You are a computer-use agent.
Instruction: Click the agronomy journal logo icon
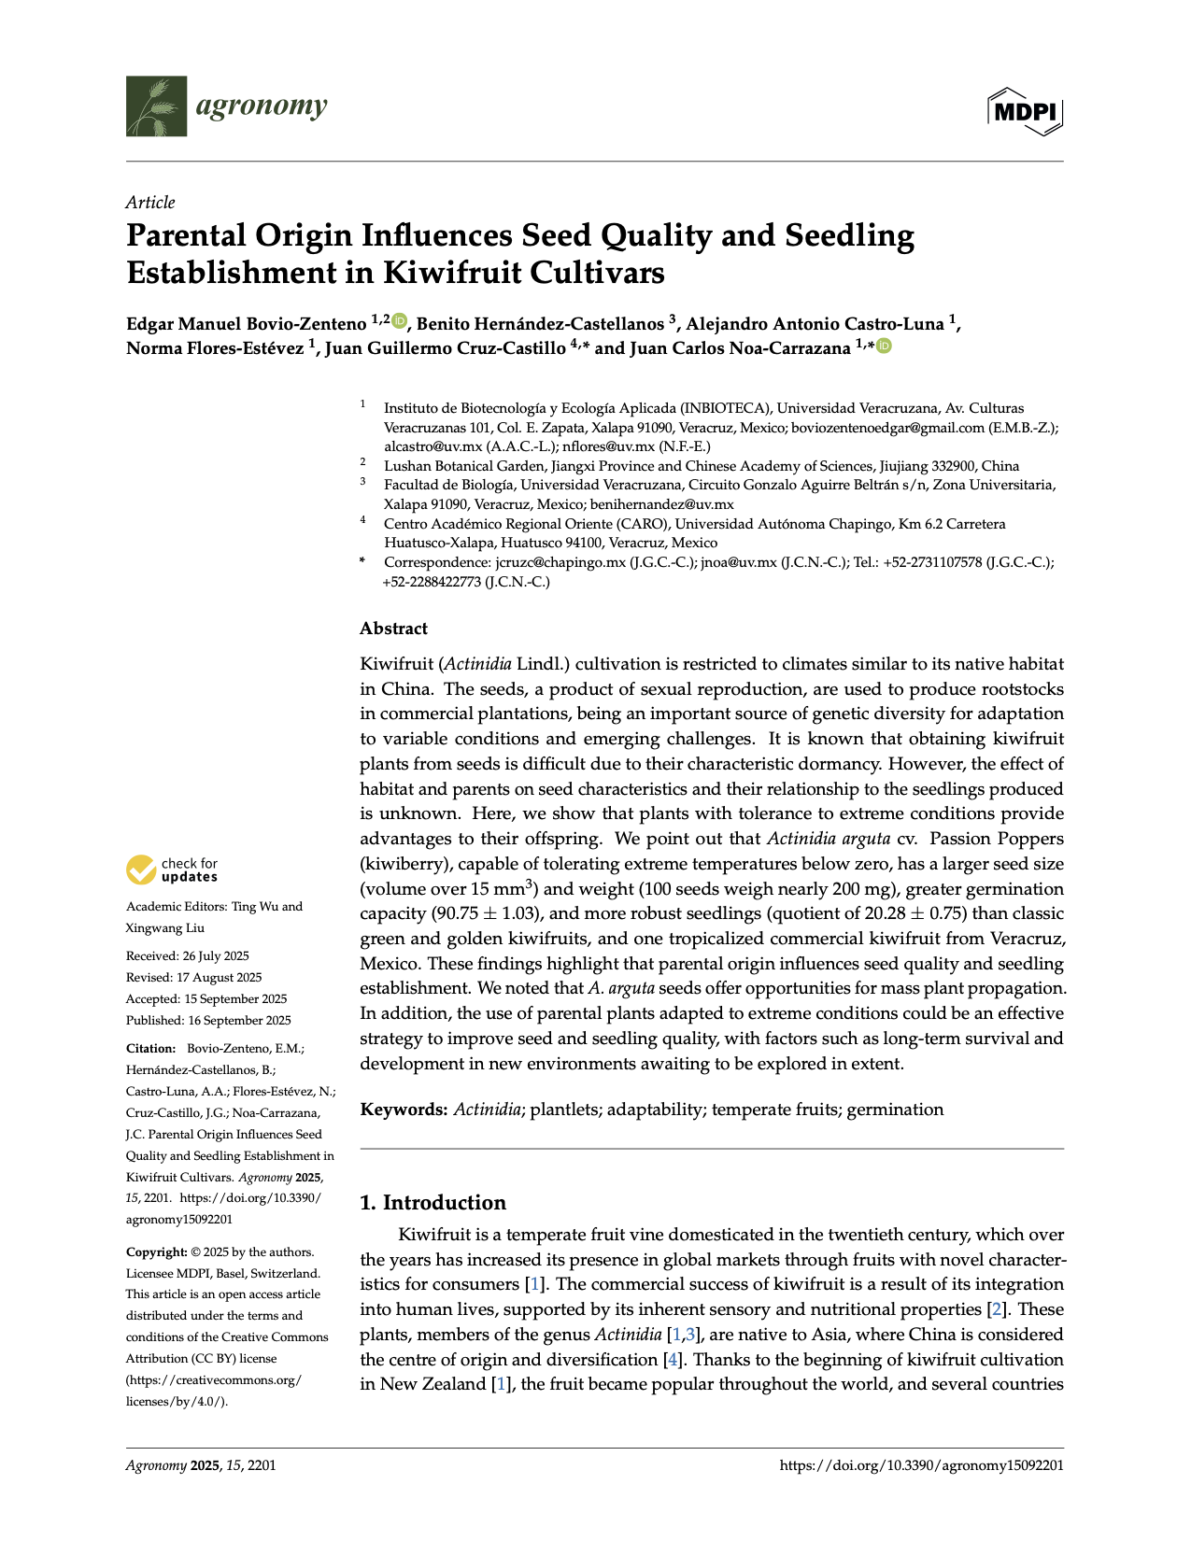(x=156, y=106)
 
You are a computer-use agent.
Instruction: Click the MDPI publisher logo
(x=1025, y=112)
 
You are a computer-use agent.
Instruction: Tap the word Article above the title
(x=150, y=203)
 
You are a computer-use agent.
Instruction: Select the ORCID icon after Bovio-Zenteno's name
(x=400, y=322)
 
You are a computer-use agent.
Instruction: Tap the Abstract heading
(x=393, y=629)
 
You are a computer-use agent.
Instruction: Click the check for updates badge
(x=173, y=869)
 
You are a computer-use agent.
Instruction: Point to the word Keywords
(x=404, y=1110)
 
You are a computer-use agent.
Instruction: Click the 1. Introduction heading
(x=432, y=1202)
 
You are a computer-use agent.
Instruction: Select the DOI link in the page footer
(x=921, y=1465)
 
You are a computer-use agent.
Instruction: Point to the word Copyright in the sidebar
(x=156, y=1252)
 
